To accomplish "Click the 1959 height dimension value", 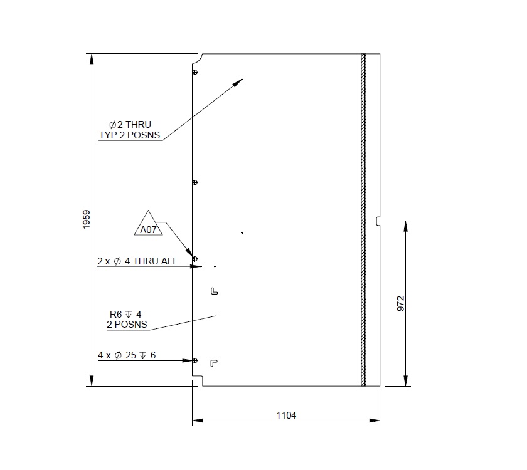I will pos(87,219).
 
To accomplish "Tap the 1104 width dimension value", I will pos(286,415).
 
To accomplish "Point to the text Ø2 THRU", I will pos(130,125).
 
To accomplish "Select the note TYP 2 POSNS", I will pos(129,135).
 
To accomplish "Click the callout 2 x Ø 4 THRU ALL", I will pos(137,261).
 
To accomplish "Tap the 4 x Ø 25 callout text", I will pos(127,355).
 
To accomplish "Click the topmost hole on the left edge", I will pos(194,73).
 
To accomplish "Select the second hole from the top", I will pos(194,182).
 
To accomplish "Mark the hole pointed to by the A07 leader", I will pos(194,258).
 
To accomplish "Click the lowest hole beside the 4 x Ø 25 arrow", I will pos(194,360).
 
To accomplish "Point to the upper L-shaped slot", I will pos(213,291).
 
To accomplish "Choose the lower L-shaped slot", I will pos(214,362).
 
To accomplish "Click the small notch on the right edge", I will pos(378,220).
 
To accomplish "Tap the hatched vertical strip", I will pos(363,219).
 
